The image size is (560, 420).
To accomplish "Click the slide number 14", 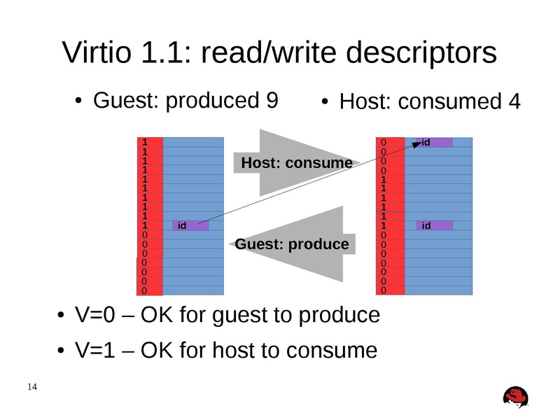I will tap(31, 387).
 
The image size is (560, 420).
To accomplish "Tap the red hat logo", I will tap(516, 396).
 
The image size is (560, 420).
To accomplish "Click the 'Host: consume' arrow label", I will tap(296, 163).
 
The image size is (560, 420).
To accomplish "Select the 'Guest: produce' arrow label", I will tap(291, 244).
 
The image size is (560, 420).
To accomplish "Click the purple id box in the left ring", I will tap(190, 225).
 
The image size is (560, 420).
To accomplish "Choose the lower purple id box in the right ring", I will tap(435, 225).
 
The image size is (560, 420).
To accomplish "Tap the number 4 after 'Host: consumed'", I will tap(514, 102).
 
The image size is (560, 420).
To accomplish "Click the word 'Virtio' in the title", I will tap(97, 54).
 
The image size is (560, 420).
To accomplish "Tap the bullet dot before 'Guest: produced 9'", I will tap(79, 102).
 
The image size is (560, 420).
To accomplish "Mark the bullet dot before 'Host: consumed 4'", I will tap(325, 103).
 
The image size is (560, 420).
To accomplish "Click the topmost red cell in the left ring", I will tap(150, 141).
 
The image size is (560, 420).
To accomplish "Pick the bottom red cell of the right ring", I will tap(391, 290).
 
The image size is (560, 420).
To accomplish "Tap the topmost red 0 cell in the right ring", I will tap(391, 141).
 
